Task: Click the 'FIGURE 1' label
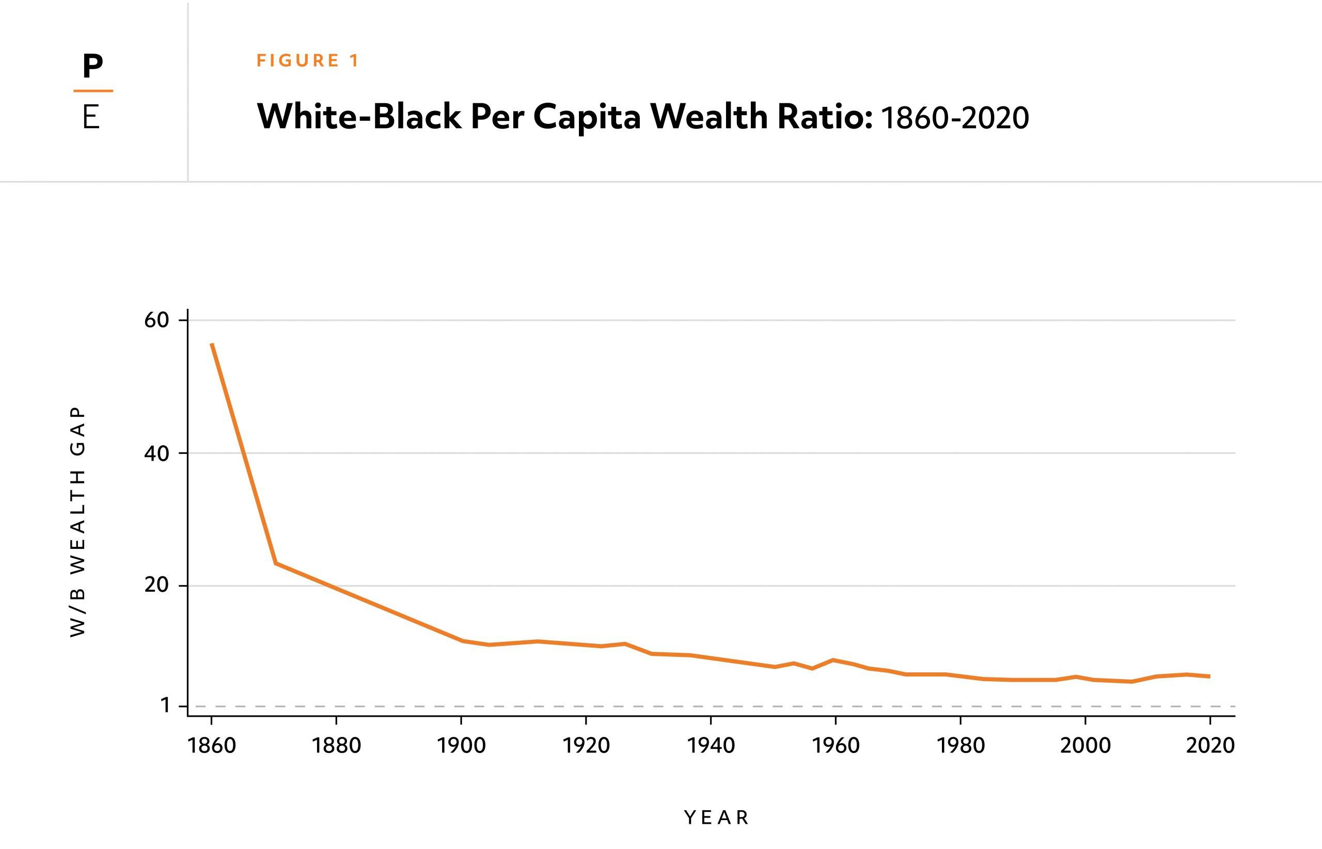[308, 60]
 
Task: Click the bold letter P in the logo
[92, 67]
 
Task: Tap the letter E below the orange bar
[91, 117]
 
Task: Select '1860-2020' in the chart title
[955, 118]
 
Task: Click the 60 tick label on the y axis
[156, 320]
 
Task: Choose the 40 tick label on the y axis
[156, 453]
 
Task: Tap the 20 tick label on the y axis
[156, 585]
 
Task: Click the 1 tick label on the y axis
[165, 705]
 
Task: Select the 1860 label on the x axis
[212, 746]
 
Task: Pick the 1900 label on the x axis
[461, 746]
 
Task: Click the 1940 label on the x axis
[711, 746]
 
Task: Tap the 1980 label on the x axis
[961, 746]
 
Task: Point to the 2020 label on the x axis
[1210, 746]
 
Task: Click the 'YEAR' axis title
[716, 817]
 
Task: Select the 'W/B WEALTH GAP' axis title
[78, 522]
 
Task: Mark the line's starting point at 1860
[212, 344]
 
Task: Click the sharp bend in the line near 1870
[276, 563]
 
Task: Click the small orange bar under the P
[93, 90]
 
